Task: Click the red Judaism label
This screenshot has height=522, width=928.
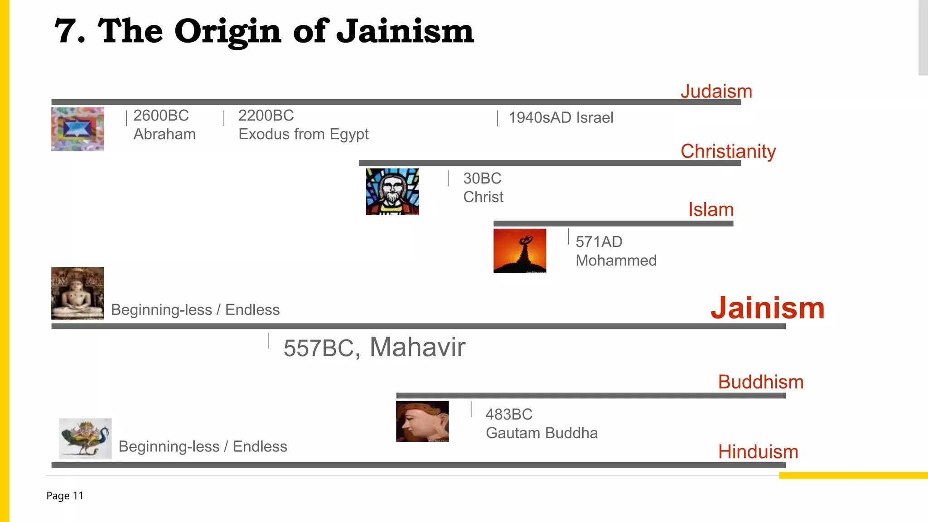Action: point(716,92)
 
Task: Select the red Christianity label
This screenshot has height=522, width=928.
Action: point(728,151)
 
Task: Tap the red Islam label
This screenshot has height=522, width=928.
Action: point(710,210)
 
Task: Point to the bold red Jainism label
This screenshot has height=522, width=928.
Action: point(767,308)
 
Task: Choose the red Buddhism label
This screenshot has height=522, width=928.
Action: point(760,382)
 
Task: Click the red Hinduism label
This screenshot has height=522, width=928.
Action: point(758,452)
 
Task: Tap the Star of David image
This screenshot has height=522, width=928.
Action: point(77,129)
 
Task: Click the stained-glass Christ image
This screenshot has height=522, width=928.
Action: point(392,192)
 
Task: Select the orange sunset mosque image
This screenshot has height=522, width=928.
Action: point(519,251)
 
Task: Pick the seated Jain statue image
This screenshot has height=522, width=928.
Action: point(77,293)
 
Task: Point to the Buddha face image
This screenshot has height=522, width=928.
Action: point(422,421)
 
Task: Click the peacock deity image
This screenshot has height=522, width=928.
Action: point(85,438)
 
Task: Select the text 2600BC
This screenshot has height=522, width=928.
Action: point(161,116)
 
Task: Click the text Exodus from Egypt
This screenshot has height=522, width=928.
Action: point(303,134)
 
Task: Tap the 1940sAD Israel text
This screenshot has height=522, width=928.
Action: point(561,118)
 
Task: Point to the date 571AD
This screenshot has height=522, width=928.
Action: point(599,242)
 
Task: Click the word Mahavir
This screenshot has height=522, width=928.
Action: point(417,347)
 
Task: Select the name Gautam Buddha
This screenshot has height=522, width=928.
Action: point(541,433)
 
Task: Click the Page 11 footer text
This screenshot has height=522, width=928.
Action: point(65,496)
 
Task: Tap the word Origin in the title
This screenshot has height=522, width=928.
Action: point(227,31)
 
